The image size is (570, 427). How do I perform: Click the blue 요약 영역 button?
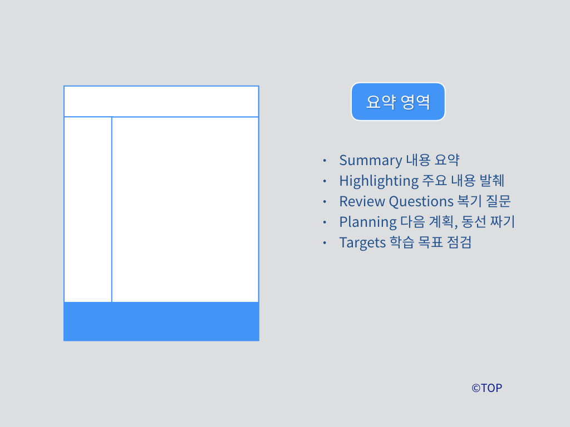pyautogui.click(x=397, y=102)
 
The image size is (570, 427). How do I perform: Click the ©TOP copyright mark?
pyautogui.click(x=487, y=388)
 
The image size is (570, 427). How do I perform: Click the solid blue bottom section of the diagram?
pyautogui.click(x=161, y=321)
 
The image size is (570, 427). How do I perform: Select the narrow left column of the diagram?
pyautogui.click(x=88, y=210)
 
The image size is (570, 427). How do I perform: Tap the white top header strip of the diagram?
pyautogui.click(x=161, y=102)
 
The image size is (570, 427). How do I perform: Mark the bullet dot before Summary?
pyautogui.click(x=325, y=161)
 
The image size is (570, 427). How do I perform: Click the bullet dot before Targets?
pyautogui.click(x=325, y=243)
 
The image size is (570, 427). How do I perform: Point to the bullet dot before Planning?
pyautogui.click(x=325, y=222)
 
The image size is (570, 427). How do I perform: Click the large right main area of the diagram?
pyautogui.click(x=185, y=210)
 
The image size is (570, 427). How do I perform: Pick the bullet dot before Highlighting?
pyautogui.click(x=325, y=182)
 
